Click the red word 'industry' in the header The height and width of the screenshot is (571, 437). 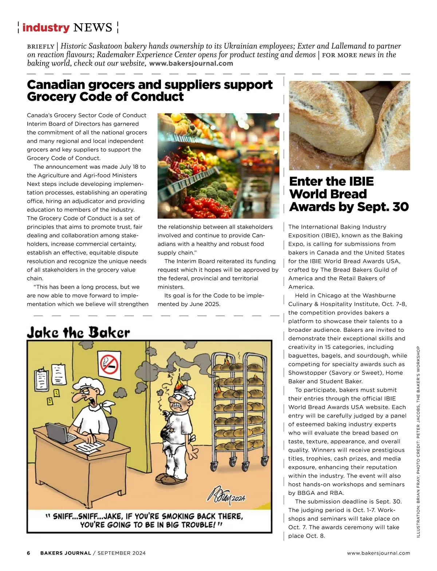[x=46, y=28]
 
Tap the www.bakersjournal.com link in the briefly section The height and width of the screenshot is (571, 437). [x=191, y=63]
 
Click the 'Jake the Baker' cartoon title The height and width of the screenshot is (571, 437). [x=78, y=332]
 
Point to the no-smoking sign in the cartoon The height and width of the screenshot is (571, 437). [x=110, y=363]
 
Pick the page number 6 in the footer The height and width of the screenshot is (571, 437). [x=29, y=553]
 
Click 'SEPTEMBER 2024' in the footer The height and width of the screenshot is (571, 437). [x=122, y=553]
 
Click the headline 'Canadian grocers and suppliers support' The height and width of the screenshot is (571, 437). [x=150, y=84]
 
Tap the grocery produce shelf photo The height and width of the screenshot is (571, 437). [x=218, y=166]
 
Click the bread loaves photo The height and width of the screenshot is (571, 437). [x=349, y=125]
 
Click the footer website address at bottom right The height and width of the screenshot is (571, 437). [x=378, y=553]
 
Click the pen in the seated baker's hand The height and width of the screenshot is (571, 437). [x=92, y=437]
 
